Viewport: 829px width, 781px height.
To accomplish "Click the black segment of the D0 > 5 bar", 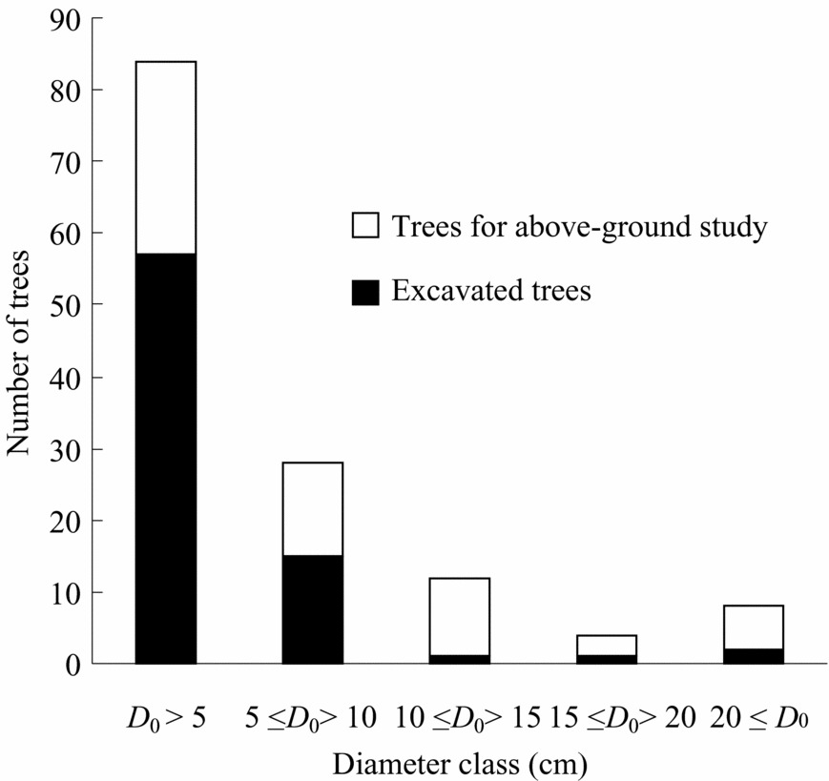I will [166, 458].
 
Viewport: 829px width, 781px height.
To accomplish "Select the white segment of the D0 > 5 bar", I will [166, 157].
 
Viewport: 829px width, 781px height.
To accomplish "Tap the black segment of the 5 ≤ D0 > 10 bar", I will [313, 609].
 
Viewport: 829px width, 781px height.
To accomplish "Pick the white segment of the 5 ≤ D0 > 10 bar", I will [313, 509].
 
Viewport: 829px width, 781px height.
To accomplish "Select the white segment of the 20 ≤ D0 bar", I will [754, 627].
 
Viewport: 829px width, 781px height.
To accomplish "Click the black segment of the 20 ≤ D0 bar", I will [754, 656].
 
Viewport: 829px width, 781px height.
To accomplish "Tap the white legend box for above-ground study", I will [366, 227].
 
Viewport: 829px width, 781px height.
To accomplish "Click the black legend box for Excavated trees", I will [366, 292].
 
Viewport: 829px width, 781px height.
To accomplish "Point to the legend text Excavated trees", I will [491, 292].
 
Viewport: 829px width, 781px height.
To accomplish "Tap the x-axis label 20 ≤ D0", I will [759, 718].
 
